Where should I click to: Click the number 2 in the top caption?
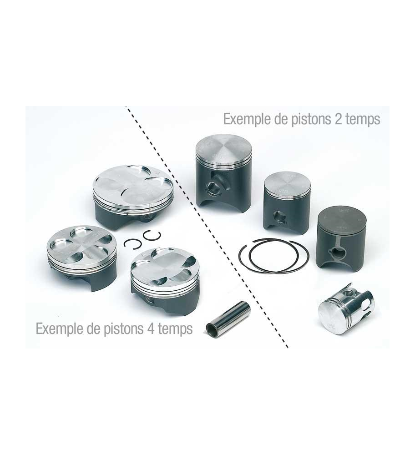338,118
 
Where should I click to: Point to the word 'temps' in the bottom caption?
175,329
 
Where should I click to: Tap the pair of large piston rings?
273,256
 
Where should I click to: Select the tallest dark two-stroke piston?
223,171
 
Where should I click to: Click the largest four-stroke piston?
133,197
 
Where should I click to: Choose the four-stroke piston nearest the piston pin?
165,280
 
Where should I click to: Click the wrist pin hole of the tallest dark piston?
215,187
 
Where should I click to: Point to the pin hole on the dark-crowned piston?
337,253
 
